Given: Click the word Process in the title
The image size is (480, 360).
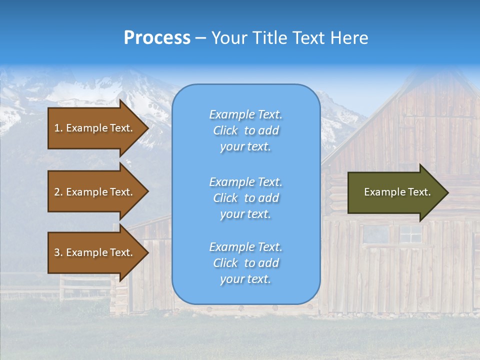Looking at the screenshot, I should pyautogui.click(x=157, y=38).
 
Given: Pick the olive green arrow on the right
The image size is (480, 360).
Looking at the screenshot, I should pyautogui.click(x=395, y=192).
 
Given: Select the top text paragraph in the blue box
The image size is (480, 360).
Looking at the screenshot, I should pyautogui.click(x=245, y=130).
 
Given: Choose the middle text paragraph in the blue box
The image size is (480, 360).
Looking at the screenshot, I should pyautogui.click(x=245, y=198).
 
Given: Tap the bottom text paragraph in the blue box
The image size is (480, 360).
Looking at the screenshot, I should pyautogui.click(x=245, y=263).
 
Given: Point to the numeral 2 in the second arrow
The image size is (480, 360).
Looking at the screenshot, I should pyautogui.click(x=57, y=192).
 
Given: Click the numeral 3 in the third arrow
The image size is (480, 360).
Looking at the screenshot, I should pyautogui.click(x=57, y=252).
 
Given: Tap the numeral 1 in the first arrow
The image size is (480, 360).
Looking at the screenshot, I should pyautogui.click(x=57, y=128).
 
